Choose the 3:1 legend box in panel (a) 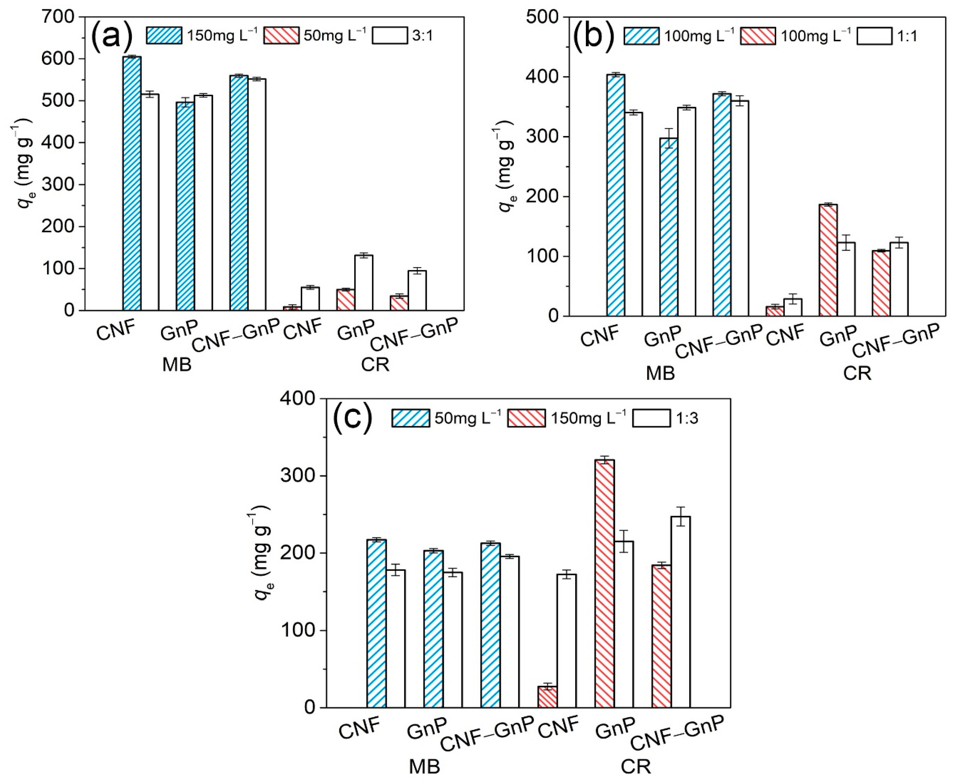coord(390,35)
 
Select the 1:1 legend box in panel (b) coord(874,36)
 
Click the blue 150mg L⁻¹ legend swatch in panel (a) coord(164,35)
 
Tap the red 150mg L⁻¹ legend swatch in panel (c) coord(526,418)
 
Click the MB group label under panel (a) coord(177,364)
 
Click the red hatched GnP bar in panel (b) coord(828,260)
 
